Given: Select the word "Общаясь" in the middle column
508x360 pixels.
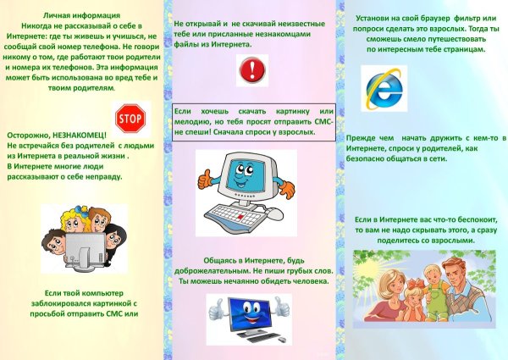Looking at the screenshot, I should [221, 259].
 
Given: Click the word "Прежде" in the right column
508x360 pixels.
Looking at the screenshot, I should [365, 138].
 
